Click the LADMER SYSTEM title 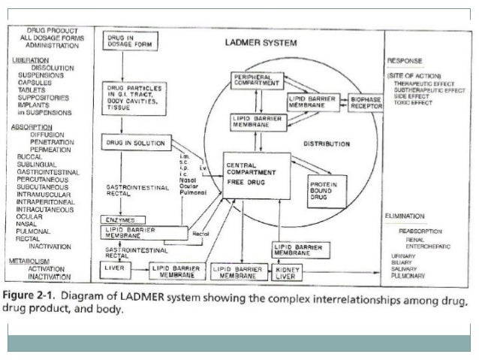coord(261,43)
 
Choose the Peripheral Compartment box coord(257,80)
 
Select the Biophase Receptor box coord(366,102)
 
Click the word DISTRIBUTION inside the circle coord(326,143)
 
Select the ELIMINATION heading coord(409,215)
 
